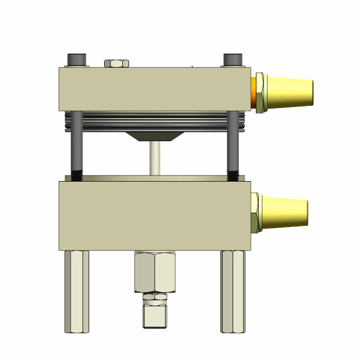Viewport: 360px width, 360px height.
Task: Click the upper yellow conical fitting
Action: coord(291,92)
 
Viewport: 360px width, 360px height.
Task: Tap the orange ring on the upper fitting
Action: coord(256,92)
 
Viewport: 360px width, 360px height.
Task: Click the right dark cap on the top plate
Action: coord(234,60)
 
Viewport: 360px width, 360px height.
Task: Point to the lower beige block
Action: coord(155,216)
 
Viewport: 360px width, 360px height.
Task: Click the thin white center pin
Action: coord(156,158)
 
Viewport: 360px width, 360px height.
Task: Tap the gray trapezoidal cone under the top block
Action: coord(152,136)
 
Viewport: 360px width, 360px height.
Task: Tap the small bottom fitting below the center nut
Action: coord(155,313)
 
